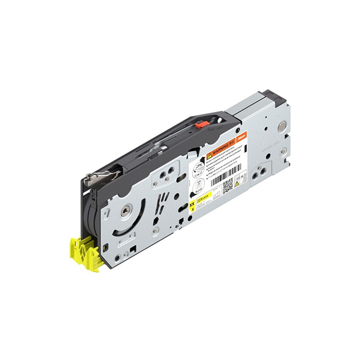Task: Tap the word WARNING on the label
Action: point(221,149)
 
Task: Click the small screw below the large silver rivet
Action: point(284,150)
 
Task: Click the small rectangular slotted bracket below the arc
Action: point(127,243)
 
